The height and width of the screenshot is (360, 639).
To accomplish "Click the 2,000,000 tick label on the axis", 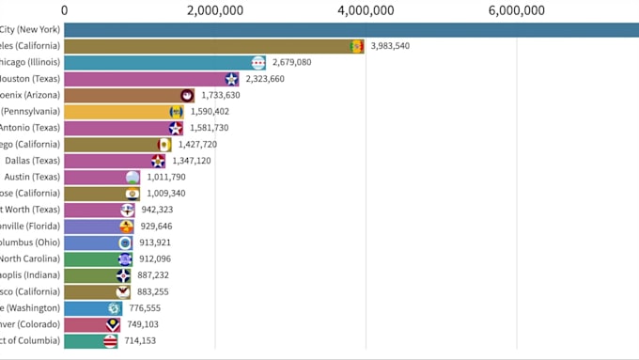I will point(215,10).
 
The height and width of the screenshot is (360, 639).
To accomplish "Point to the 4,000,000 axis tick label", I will point(366,10).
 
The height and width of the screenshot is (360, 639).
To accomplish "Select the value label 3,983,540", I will point(390,46).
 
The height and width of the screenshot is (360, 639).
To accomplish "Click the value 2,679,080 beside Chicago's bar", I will point(291,62).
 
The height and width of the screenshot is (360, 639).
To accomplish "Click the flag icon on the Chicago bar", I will point(258,63).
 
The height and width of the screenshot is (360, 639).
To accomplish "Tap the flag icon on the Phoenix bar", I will point(187,95).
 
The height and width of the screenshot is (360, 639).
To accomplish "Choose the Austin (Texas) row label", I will point(32,177).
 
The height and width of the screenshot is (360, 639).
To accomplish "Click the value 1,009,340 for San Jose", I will point(166,194).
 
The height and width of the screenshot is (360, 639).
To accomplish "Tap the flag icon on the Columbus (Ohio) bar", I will point(125,243).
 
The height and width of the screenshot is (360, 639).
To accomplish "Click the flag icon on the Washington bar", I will point(114,308).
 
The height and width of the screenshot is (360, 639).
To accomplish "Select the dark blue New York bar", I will point(348,29).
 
